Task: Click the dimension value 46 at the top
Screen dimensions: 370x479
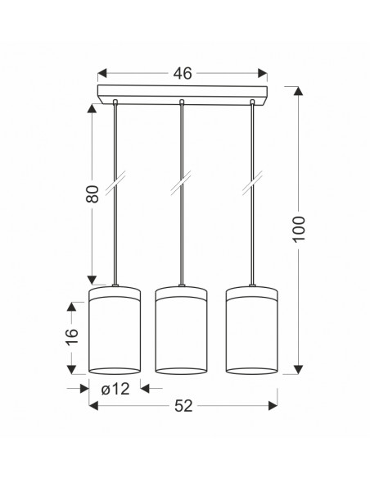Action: tap(183, 74)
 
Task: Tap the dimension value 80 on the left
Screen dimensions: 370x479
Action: tap(92, 194)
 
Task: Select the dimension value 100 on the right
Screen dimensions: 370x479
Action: tap(299, 229)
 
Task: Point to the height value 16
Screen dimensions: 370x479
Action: tap(72, 336)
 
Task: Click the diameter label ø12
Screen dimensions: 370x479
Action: tap(115, 389)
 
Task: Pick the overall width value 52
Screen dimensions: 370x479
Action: tap(183, 406)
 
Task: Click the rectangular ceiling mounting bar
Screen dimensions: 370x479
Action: tap(183, 95)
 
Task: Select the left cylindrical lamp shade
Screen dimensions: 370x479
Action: tap(115, 330)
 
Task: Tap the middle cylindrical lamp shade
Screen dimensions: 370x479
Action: tap(182, 330)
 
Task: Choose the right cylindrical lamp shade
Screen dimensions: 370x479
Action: tap(252, 330)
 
